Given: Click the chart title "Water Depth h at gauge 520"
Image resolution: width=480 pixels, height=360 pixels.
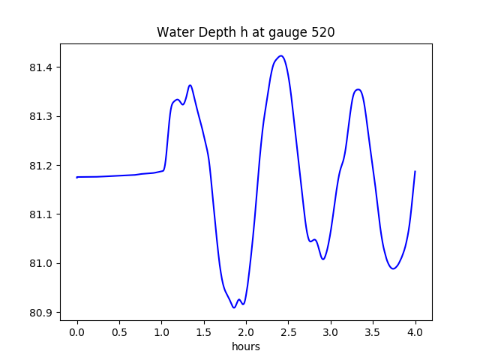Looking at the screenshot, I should point(245,32).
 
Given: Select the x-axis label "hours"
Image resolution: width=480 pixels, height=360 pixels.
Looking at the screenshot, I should point(246,347).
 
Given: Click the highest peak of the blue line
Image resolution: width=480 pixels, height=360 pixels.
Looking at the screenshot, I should point(280,56).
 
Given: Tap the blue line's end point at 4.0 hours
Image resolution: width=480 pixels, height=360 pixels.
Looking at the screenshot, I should point(415,172).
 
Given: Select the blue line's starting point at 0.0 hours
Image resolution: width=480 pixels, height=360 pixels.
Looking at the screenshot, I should point(77,177).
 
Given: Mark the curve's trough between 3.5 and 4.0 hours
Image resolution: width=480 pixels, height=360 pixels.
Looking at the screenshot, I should point(392,268).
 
